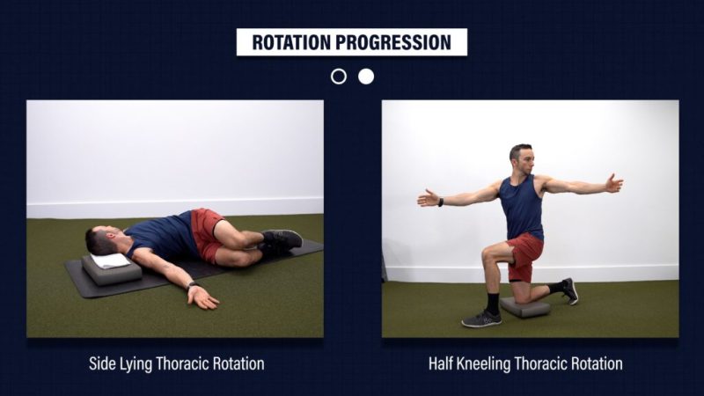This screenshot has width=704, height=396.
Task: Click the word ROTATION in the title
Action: (292, 42)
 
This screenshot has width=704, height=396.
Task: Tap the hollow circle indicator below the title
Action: (339, 77)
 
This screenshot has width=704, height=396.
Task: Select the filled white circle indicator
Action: (366, 77)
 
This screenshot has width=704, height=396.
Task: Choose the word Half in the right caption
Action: (441, 363)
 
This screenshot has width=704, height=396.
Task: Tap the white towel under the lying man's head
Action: (111, 260)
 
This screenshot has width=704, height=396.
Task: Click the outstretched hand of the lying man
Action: (203, 297)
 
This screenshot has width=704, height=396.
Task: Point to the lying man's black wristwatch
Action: (192, 284)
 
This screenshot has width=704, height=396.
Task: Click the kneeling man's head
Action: (521, 158)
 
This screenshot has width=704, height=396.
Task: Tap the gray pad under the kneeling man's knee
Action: (524, 307)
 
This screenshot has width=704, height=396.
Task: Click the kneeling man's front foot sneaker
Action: (481, 319)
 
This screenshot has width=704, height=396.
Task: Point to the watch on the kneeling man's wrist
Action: (441, 202)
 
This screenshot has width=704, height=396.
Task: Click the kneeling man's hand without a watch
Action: (613, 184)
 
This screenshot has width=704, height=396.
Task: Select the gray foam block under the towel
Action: (112, 271)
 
